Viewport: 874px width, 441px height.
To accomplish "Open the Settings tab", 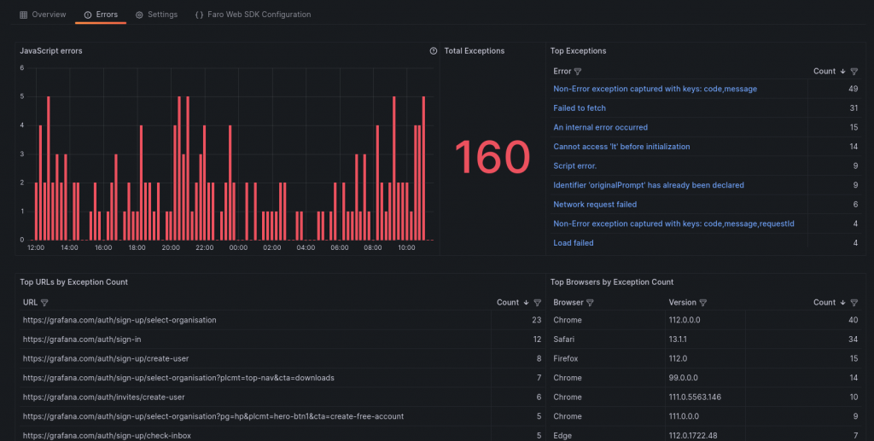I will [x=157, y=15].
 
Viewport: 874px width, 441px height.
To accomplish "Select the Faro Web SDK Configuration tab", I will [x=253, y=15].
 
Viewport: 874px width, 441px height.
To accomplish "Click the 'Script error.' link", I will [x=574, y=165].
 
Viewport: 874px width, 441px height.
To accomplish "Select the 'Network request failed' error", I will [x=595, y=205].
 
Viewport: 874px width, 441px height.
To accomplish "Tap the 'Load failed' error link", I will [x=574, y=243].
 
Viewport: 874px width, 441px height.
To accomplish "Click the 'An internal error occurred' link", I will [x=600, y=127].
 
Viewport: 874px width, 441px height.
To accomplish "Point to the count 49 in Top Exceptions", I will [x=852, y=89].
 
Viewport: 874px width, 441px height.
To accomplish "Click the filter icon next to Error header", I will [x=578, y=72].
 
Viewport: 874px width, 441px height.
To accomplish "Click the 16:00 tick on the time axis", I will [x=103, y=248].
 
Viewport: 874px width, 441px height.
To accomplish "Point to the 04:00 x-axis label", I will [x=306, y=248].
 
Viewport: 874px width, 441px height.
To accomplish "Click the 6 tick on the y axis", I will [x=22, y=68].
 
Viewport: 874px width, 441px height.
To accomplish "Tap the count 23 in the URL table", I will [x=536, y=320].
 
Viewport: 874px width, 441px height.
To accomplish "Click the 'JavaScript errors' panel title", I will [x=51, y=51].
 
